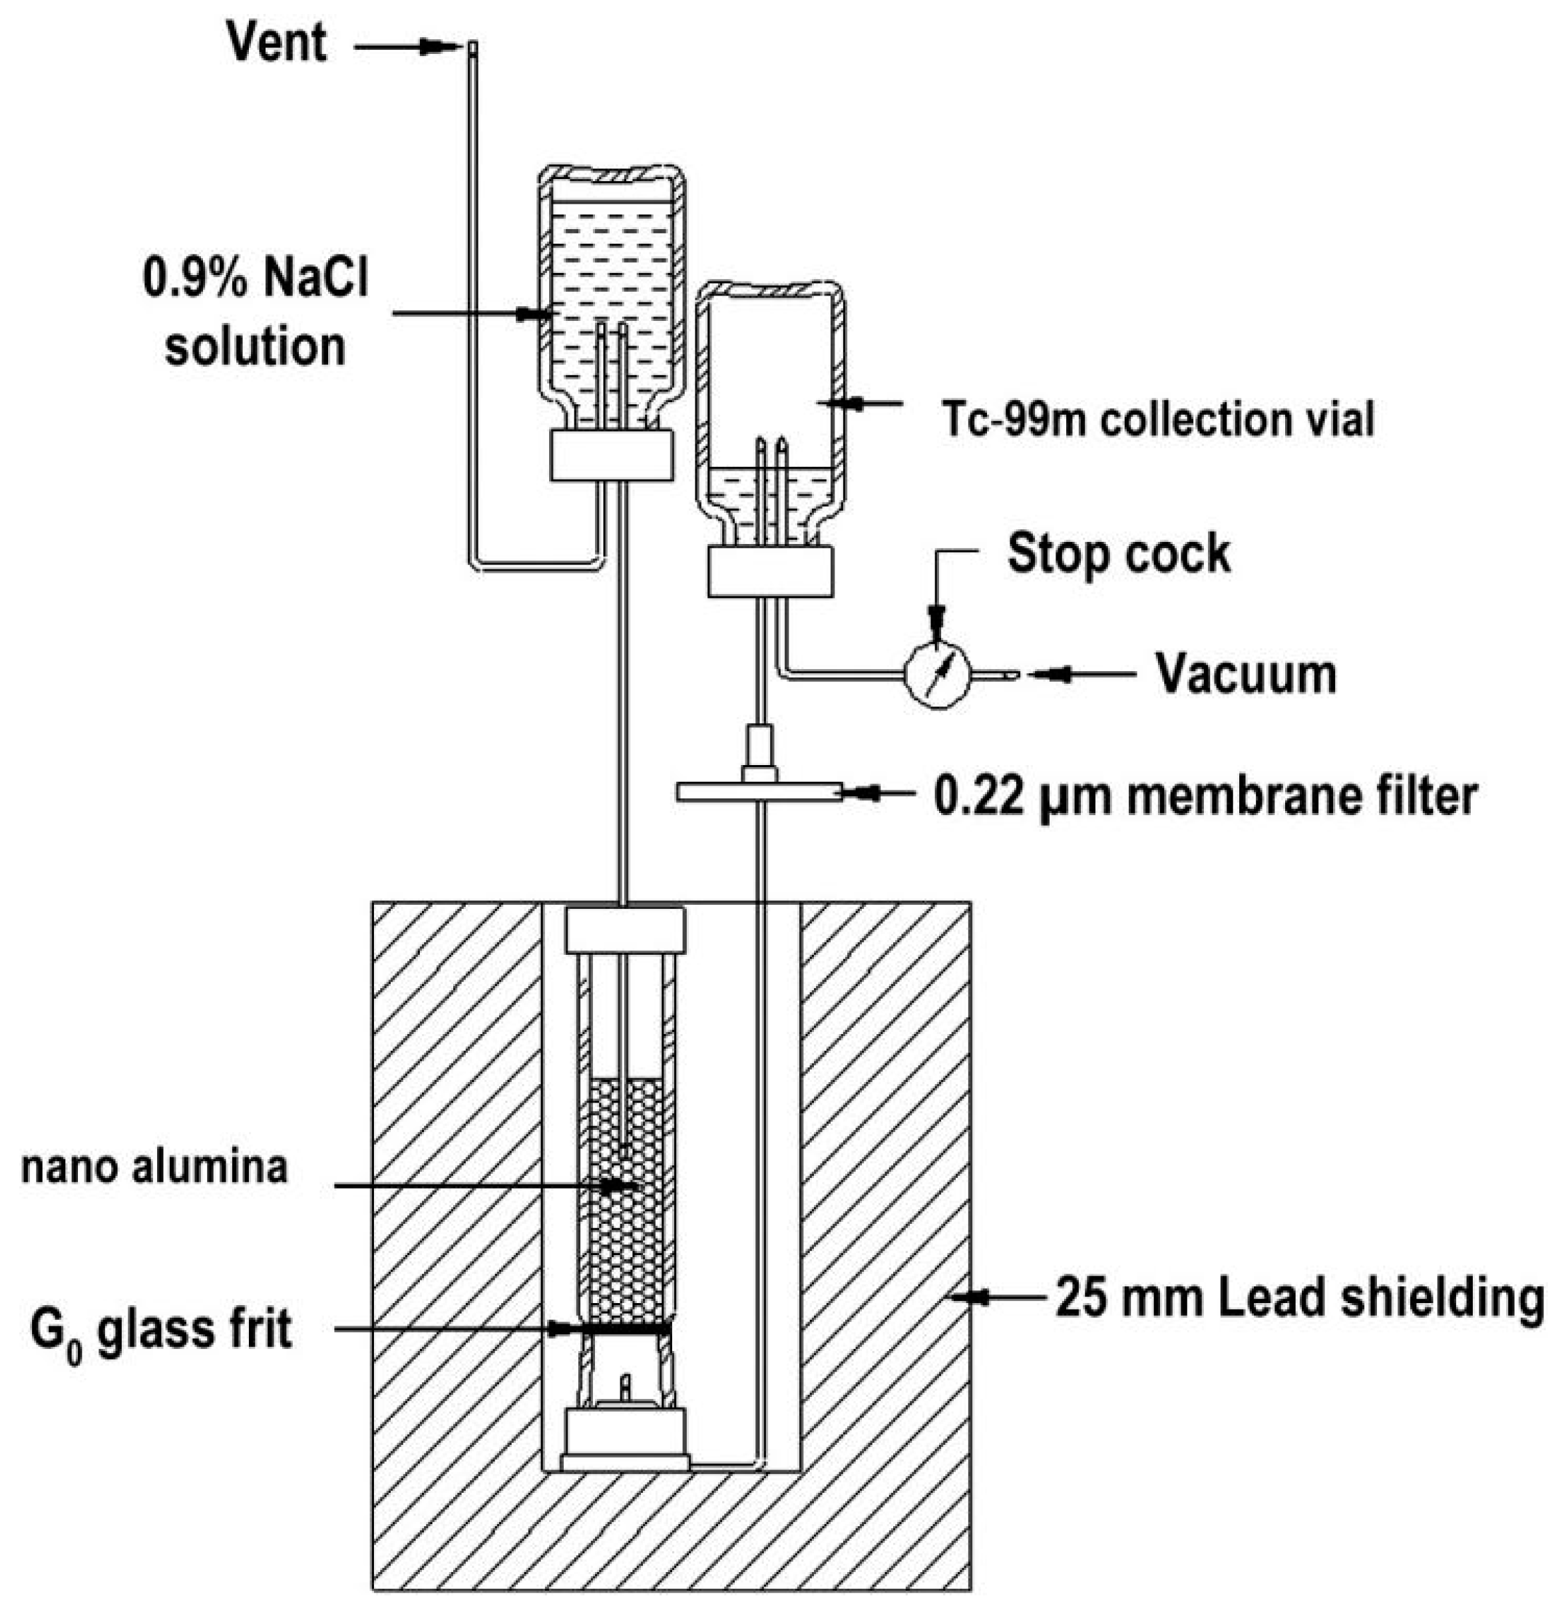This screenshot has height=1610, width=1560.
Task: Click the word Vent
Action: [x=277, y=43]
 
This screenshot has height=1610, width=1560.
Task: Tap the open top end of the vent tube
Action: [x=472, y=47]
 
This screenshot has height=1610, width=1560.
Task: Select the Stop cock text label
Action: [x=1118, y=553]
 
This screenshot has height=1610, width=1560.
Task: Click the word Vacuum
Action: [x=1245, y=674]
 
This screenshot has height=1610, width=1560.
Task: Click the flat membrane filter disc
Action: [x=759, y=792]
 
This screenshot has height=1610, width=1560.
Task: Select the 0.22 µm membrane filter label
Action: [x=1206, y=795]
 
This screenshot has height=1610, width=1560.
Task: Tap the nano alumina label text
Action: [x=154, y=1167]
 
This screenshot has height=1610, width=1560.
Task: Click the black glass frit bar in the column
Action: [x=626, y=1326]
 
